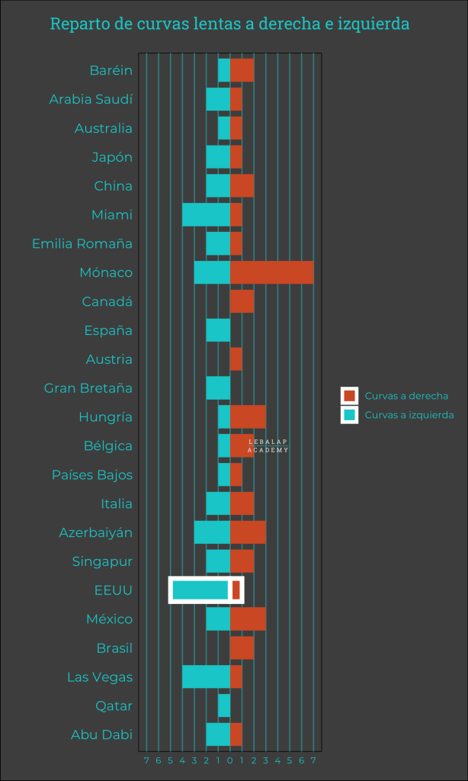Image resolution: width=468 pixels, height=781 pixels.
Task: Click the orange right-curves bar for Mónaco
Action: (x=271, y=272)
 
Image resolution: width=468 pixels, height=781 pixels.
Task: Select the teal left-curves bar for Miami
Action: (x=206, y=215)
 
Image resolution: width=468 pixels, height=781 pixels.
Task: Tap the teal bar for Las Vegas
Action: (x=206, y=677)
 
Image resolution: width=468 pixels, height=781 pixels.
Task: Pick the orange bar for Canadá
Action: (x=242, y=301)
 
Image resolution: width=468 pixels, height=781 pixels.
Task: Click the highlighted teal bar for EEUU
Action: (x=200, y=590)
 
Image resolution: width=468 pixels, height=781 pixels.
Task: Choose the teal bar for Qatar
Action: (x=224, y=706)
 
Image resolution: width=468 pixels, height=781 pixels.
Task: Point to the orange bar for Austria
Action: (x=236, y=359)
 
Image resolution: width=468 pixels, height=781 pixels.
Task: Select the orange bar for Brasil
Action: (x=242, y=648)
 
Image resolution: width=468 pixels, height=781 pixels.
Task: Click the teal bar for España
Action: (x=218, y=330)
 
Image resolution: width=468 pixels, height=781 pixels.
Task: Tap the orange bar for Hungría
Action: (x=248, y=417)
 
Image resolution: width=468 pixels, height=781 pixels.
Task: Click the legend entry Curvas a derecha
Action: (x=406, y=396)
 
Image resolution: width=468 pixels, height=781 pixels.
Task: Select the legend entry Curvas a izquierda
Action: (x=409, y=415)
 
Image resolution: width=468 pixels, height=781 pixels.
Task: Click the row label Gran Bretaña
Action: (x=88, y=388)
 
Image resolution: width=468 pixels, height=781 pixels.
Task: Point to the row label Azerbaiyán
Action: (x=96, y=532)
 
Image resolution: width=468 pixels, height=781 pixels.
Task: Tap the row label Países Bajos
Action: (x=92, y=475)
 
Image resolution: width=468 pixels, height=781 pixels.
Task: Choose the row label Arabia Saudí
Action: (x=91, y=99)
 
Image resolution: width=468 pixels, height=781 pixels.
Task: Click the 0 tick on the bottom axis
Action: (x=229, y=760)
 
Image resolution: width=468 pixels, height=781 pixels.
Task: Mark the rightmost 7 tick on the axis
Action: (x=313, y=760)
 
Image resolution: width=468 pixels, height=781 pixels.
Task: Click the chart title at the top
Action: (x=229, y=24)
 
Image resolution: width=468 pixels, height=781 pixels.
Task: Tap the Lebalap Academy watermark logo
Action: (x=268, y=446)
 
